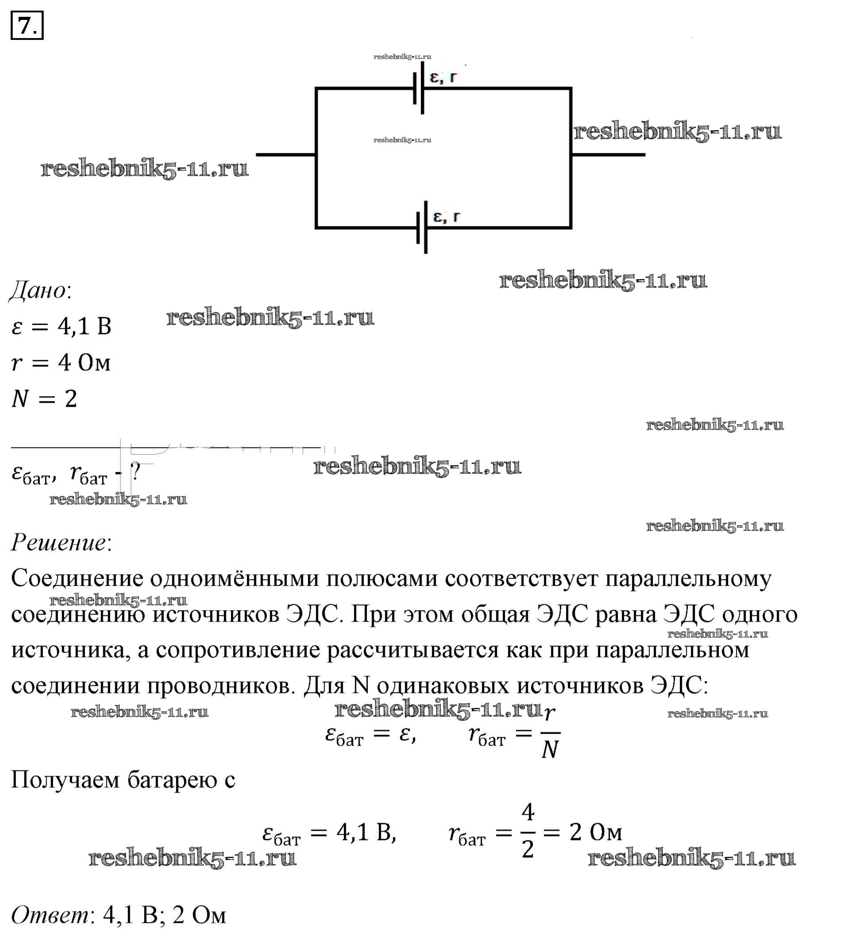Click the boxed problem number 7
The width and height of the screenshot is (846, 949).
pos(27,26)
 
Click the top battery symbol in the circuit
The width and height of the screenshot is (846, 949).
pos(418,88)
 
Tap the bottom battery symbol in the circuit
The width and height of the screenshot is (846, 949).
pos(422,227)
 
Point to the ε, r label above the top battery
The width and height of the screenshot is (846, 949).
pos(444,77)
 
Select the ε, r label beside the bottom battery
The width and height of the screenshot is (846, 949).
pos(446,216)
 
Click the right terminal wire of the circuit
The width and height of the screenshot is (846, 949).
pos(608,155)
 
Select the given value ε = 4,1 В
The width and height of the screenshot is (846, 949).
pos(62,327)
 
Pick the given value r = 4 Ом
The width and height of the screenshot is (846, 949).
pos(61,362)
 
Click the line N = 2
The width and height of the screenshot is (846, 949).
pos(44,399)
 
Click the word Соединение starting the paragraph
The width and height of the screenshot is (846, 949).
pos(77,579)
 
